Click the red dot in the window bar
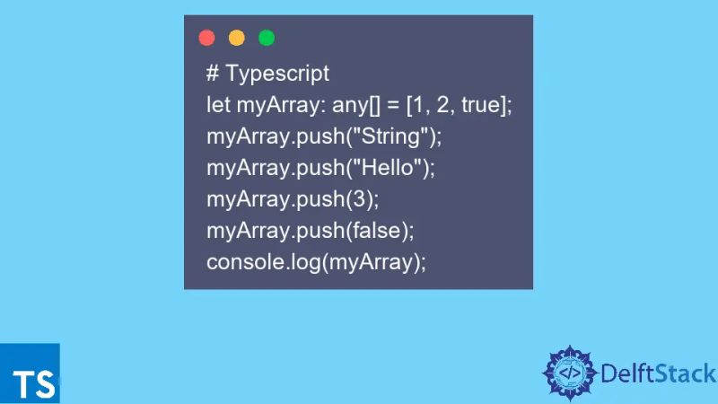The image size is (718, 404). (206, 38)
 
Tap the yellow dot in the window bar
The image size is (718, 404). (236, 38)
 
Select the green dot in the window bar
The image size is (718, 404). (267, 38)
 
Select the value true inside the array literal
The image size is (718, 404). (483, 105)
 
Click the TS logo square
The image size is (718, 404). (30, 373)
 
